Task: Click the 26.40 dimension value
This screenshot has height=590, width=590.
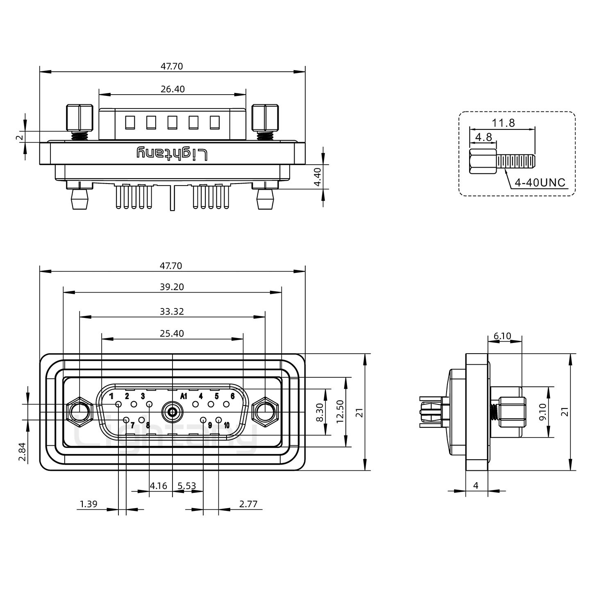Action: (x=172, y=89)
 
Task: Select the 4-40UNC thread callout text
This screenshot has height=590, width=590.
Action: (x=540, y=182)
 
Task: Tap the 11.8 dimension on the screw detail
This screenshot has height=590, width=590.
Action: (x=504, y=123)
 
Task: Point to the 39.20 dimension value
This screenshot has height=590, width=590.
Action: (x=172, y=287)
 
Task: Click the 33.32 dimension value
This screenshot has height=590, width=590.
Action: (x=172, y=311)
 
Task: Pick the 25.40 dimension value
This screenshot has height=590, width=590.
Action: (x=172, y=334)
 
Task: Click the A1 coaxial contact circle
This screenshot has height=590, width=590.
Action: (x=172, y=412)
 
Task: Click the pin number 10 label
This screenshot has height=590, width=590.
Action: (x=227, y=425)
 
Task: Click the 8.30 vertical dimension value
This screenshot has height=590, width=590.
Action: (x=320, y=412)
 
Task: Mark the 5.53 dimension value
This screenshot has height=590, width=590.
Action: (x=186, y=486)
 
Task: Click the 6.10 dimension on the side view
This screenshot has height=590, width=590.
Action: (x=502, y=336)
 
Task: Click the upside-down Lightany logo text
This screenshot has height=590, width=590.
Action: (x=172, y=154)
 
